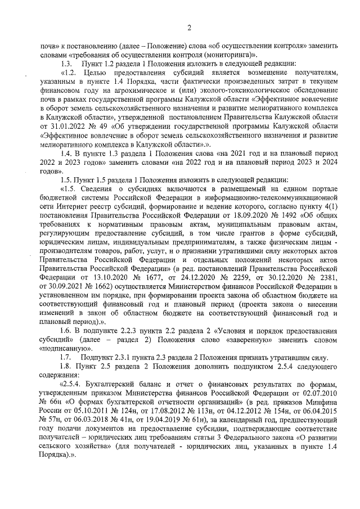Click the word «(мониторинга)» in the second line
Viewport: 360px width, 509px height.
coord(230,55)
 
